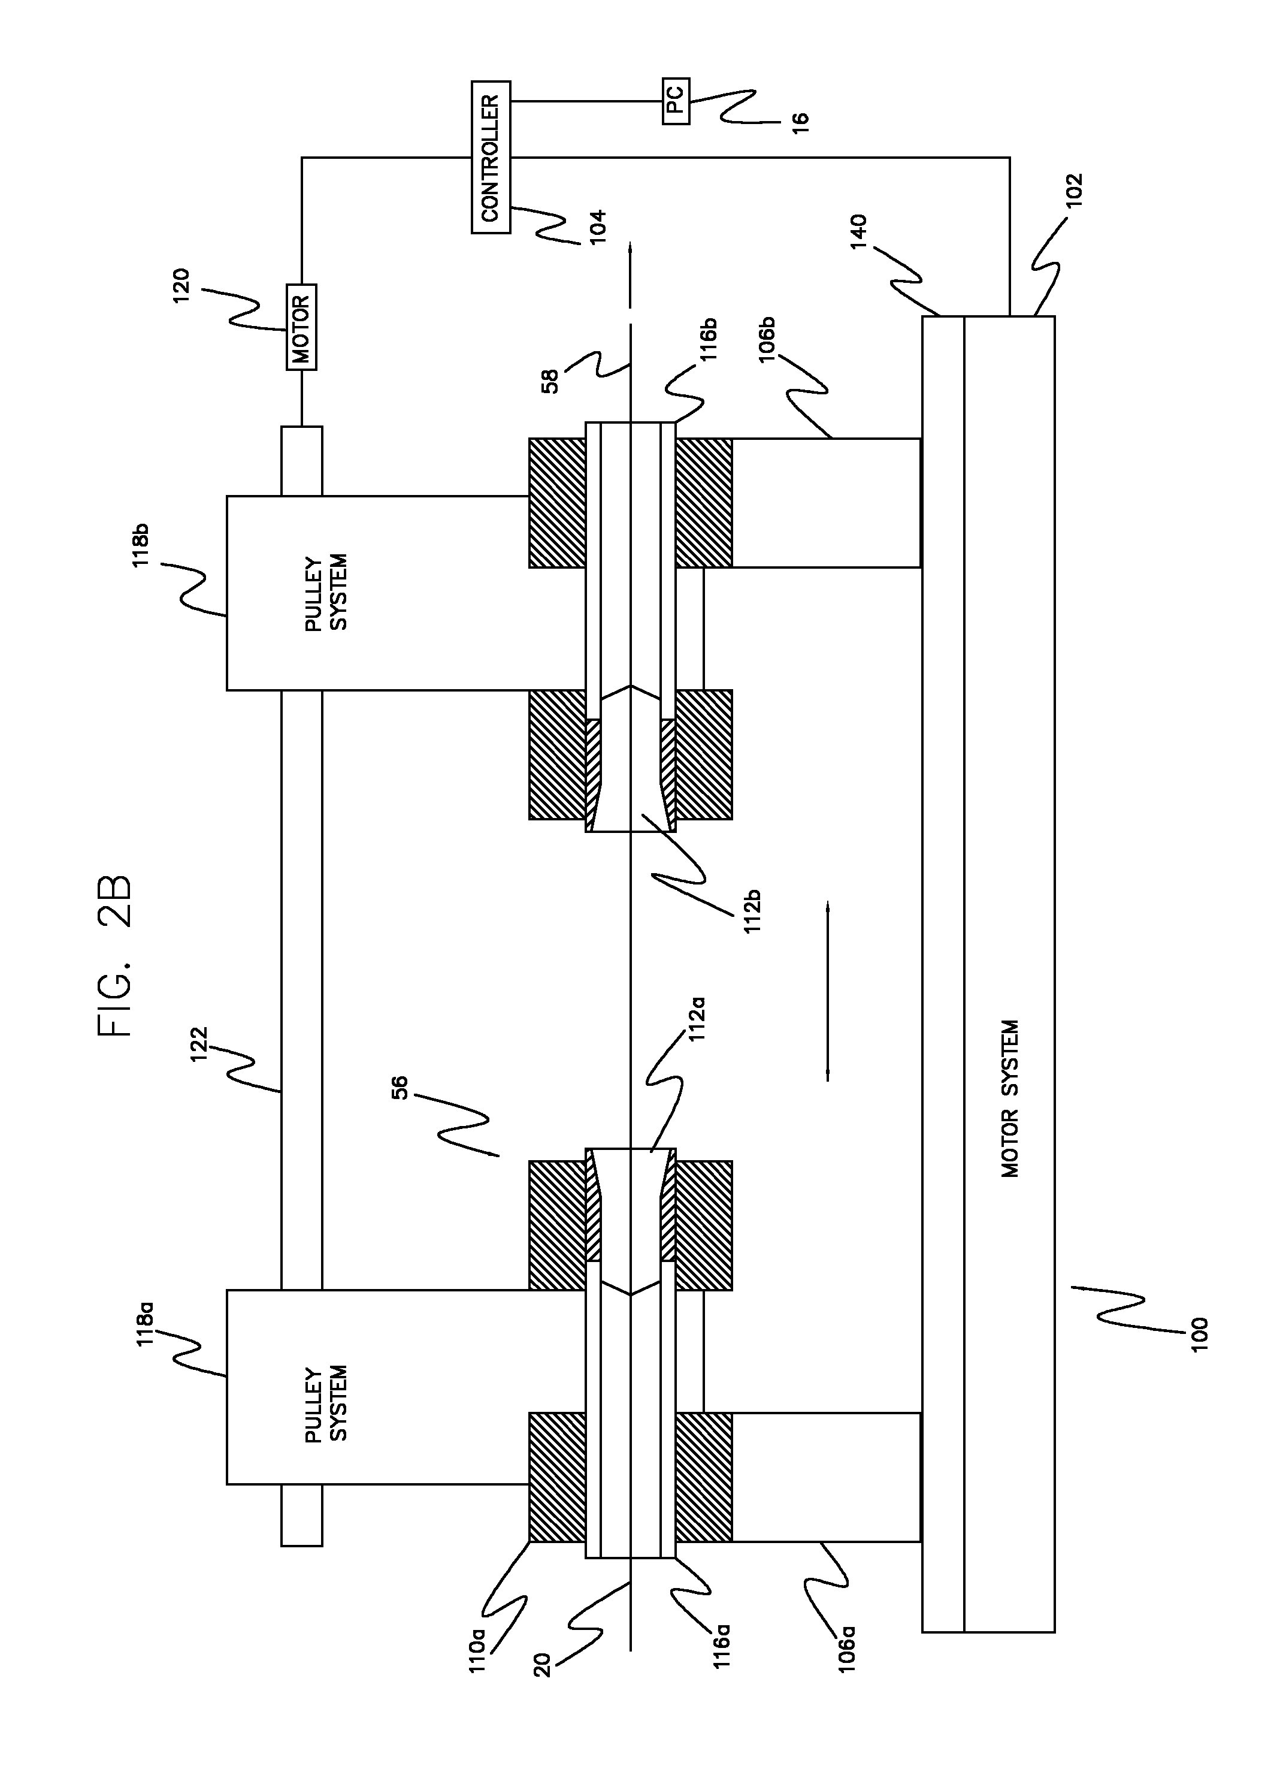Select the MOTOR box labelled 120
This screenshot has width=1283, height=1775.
pos(301,327)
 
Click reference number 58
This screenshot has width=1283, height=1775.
pos(550,381)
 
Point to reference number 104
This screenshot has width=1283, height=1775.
pos(598,227)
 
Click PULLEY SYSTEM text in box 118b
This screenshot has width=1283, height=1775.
pos(326,593)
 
